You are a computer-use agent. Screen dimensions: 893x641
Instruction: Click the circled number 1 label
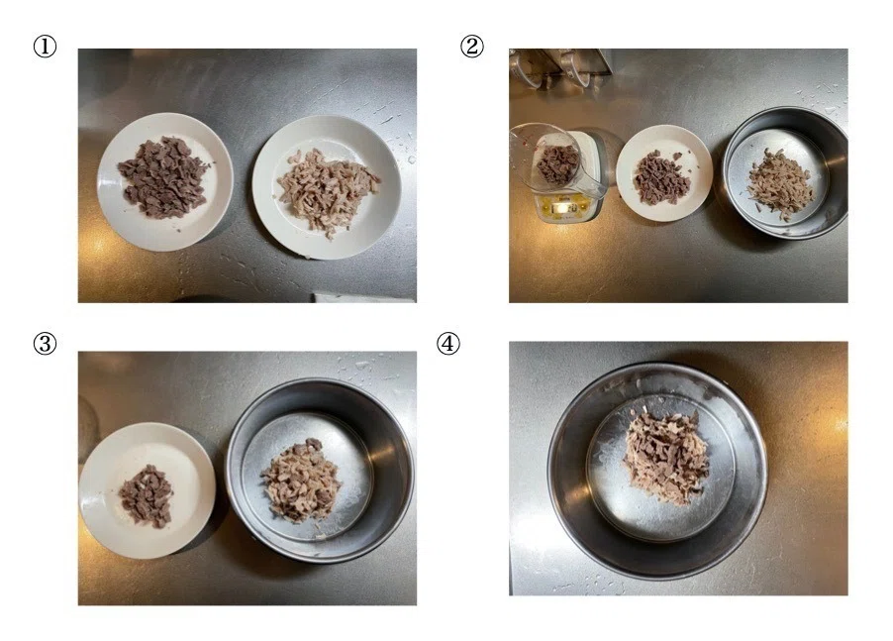45,47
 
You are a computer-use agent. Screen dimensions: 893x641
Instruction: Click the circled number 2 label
471,47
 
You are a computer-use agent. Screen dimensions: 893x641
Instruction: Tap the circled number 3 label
45,344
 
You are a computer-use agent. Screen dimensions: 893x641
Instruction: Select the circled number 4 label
448,344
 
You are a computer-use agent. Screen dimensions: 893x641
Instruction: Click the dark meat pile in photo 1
163,177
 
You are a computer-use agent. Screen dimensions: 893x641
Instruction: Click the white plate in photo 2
664,173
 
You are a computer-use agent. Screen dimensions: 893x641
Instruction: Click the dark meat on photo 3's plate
146,495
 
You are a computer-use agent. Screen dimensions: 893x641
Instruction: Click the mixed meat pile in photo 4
666,456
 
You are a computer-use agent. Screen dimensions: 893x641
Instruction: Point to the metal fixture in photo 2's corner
561,67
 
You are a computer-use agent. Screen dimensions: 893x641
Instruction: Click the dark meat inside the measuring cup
557,163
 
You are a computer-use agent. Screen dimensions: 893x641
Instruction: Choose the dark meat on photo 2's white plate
662,177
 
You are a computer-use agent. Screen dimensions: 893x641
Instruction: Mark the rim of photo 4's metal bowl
657,369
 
